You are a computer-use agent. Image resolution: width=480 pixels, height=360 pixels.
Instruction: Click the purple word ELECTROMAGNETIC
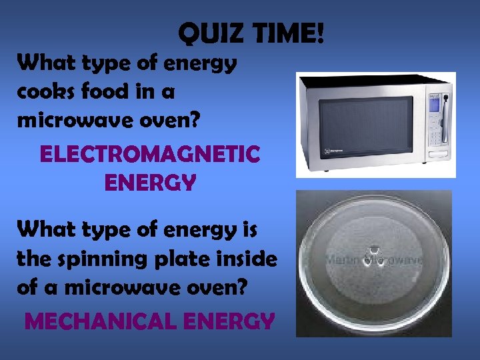[x=150, y=155]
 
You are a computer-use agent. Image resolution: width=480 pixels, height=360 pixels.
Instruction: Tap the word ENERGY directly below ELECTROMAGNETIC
[x=150, y=182]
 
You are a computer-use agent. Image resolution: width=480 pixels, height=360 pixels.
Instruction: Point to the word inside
[x=245, y=258]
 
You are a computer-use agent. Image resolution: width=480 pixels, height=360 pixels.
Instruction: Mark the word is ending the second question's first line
[x=249, y=230]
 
